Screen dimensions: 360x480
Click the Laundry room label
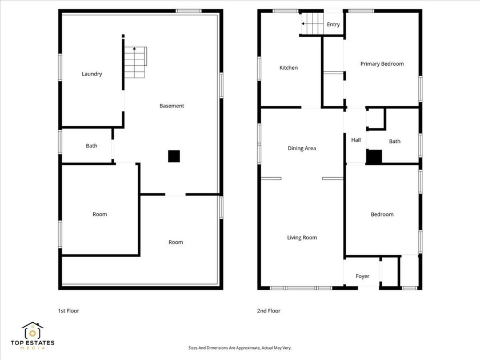click(92, 74)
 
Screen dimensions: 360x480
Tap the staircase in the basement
click(135, 63)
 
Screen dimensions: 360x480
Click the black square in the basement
click(174, 155)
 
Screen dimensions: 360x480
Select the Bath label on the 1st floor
click(91, 146)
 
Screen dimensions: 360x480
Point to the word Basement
click(171, 106)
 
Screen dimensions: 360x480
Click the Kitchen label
click(289, 67)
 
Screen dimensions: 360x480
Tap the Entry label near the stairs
click(333, 25)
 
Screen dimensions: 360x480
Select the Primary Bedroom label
click(382, 63)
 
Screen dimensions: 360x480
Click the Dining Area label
click(302, 148)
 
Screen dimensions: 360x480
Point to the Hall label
click(356, 140)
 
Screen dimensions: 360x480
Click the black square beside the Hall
click(374, 157)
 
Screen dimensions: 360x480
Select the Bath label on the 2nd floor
click(395, 141)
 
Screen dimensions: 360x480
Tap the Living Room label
click(302, 237)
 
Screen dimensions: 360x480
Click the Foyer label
click(362, 276)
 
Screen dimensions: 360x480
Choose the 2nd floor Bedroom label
click(382, 214)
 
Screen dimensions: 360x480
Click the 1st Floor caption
click(69, 311)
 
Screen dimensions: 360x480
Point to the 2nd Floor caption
click(269, 311)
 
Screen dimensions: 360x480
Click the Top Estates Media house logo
click(33, 330)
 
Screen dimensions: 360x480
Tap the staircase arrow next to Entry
click(303, 25)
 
